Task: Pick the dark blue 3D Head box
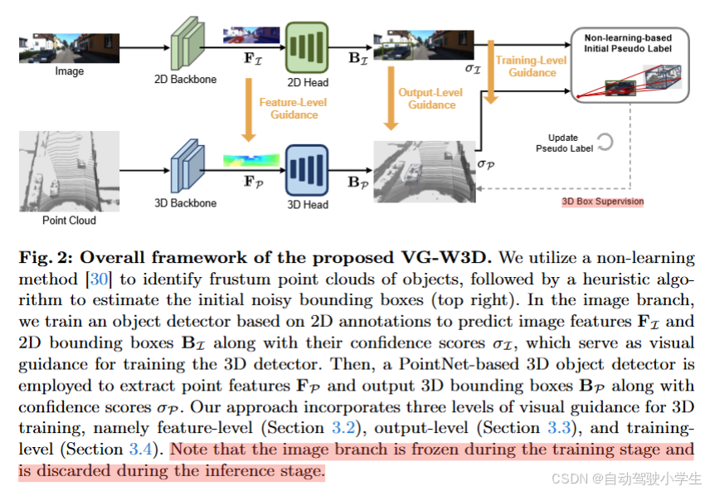pos(307,169)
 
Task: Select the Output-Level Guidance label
pos(431,99)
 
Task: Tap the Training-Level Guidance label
pos(532,66)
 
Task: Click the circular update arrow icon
pos(603,142)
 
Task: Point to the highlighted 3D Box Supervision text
pos(603,202)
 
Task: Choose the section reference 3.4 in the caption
pos(141,450)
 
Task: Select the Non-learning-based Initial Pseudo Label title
pos(628,43)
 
